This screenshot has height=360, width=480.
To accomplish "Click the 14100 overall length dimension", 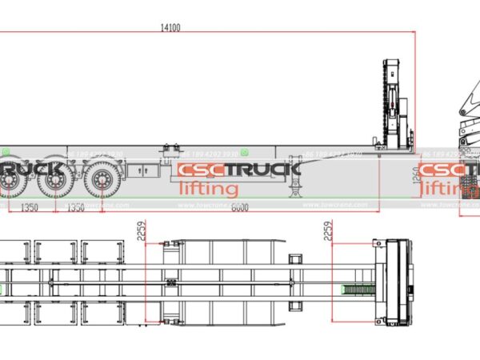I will pos(170,27).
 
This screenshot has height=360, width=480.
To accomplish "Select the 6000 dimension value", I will pos(238,208).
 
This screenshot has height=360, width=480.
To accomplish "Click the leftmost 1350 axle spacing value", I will pos(29,208).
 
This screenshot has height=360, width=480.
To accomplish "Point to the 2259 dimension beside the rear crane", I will pos(327,232).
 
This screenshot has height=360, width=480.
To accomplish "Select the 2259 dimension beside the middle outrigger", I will pos(142,232).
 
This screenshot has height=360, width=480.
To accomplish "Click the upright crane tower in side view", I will pos(394,104).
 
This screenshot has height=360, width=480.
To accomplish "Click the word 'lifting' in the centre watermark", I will pos(207,189).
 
